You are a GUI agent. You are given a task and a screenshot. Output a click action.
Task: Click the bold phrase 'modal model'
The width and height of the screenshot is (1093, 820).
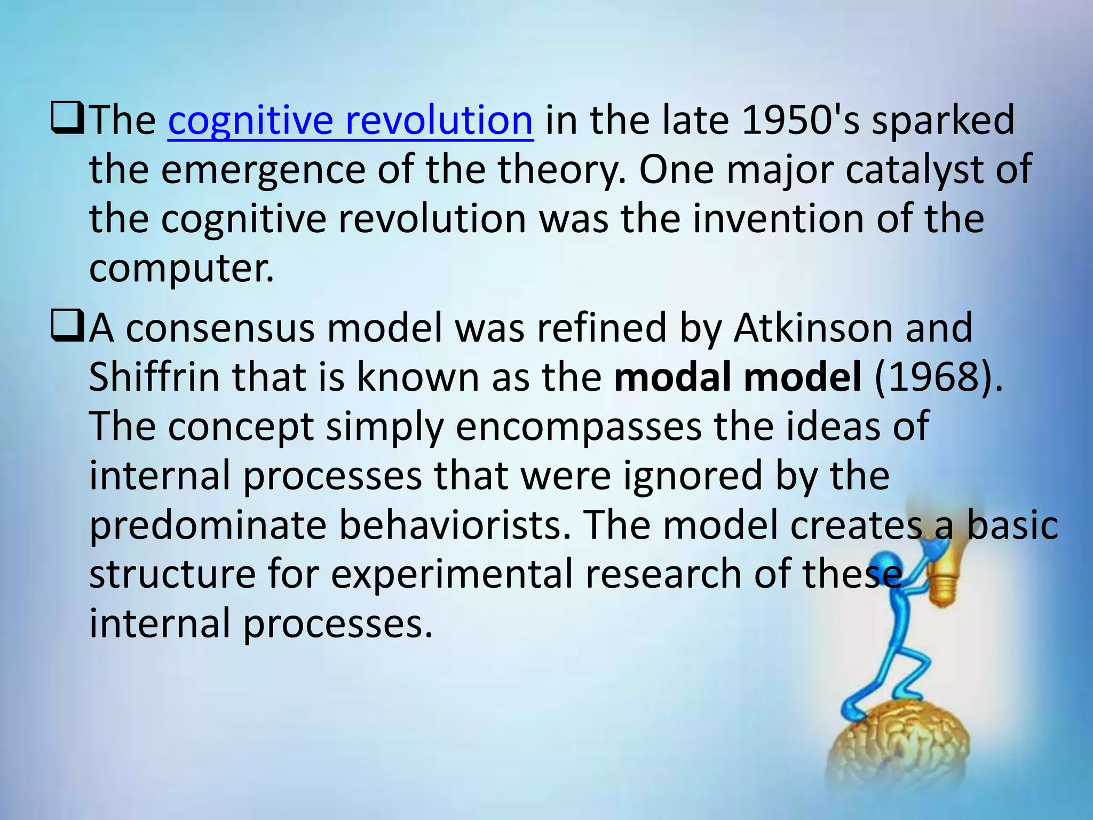(738, 377)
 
